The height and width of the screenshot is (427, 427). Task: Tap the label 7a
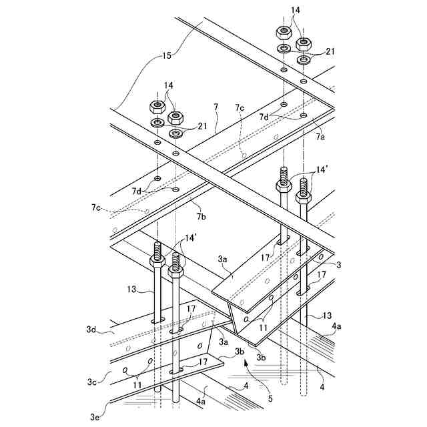tap(320, 137)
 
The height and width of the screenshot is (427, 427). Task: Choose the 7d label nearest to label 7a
tap(264, 117)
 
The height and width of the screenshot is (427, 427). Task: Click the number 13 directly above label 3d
tap(131, 290)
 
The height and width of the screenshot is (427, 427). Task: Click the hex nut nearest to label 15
tap(159, 107)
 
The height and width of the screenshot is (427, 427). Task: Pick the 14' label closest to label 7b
tap(191, 238)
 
